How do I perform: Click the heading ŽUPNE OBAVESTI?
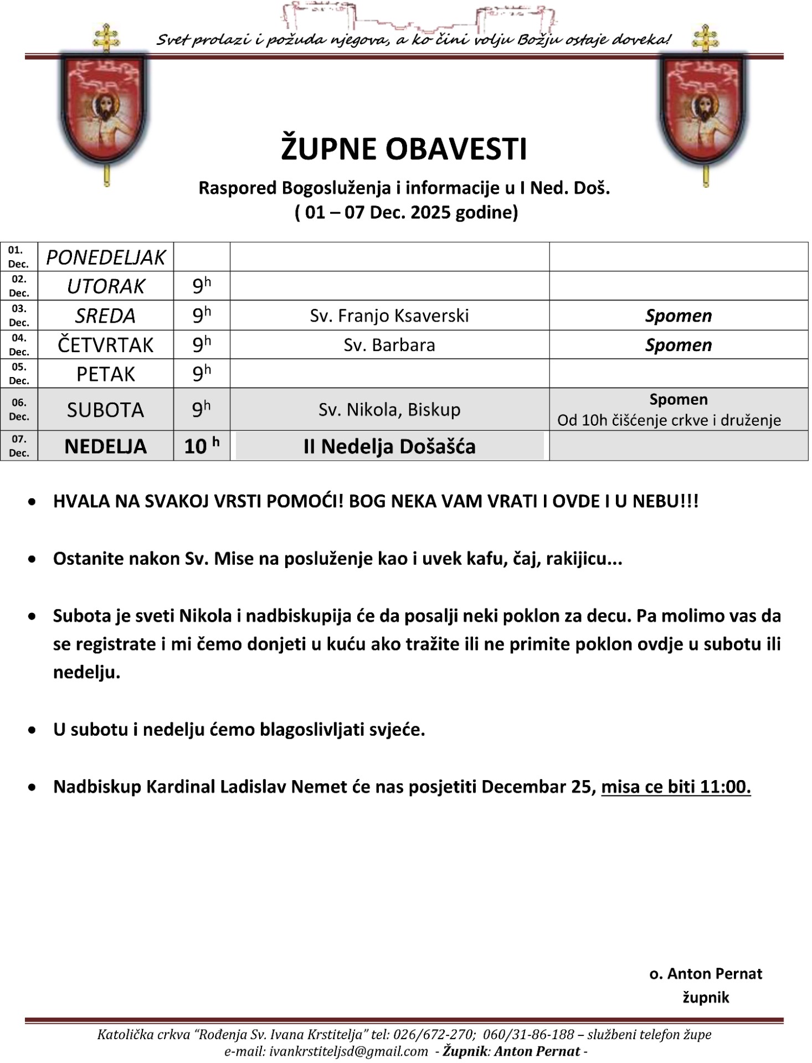pos(404,149)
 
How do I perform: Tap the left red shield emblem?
pos(105,111)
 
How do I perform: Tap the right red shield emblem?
pos(703,111)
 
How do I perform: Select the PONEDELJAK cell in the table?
pos(105,257)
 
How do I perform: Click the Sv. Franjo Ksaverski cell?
pos(389,316)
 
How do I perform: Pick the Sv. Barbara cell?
pos(389,345)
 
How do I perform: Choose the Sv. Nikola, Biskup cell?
pos(389,410)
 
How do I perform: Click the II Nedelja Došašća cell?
pos(389,446)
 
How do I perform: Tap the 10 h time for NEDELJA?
pos(202,446)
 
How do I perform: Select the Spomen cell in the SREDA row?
pos(679,316)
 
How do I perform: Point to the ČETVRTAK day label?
pos(105,345)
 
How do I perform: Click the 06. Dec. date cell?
pos(19,410)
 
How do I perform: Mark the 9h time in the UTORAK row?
pos(202,286)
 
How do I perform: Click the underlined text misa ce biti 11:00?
pos(676,787)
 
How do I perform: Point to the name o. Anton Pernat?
pos(706,974)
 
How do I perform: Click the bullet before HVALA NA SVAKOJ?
pos(33,502)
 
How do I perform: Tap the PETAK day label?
pos(105,374)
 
